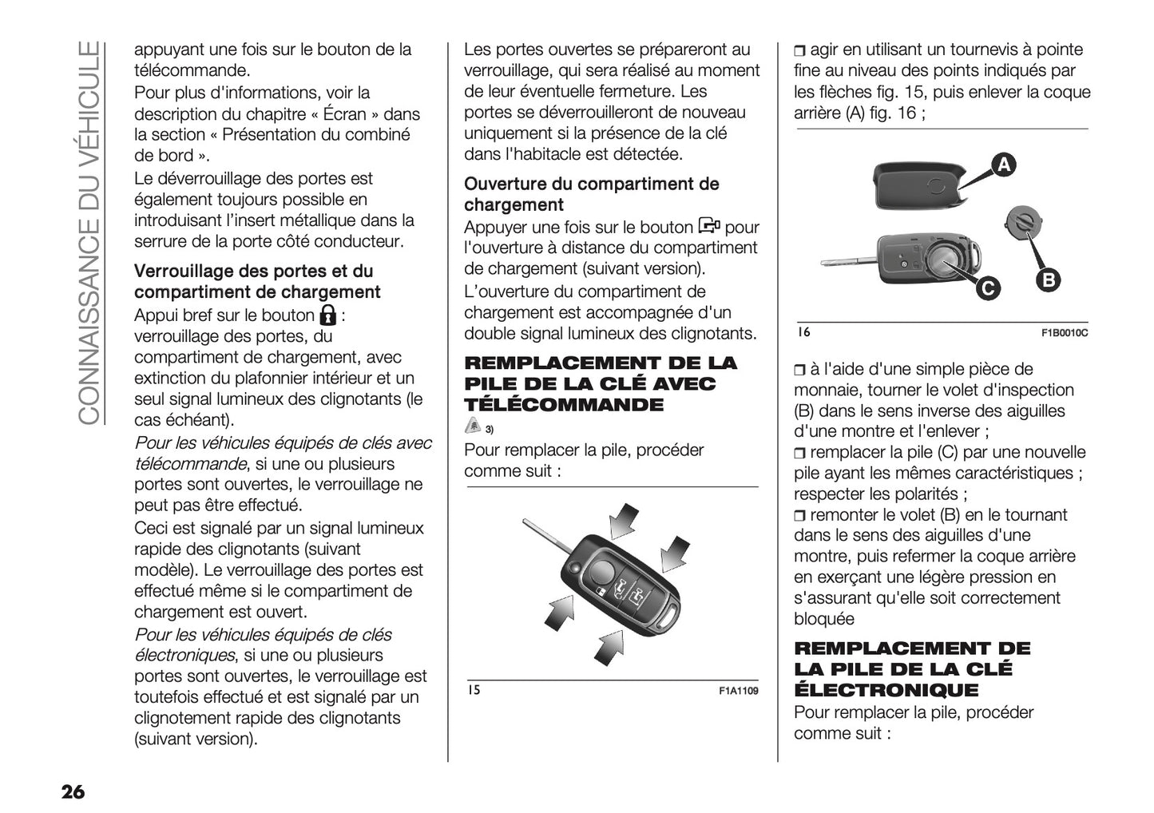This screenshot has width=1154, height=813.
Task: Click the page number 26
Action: pyautogui.click(x=72, y=792)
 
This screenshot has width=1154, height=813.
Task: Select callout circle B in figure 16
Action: pyautogui.click(x=1049, y=280)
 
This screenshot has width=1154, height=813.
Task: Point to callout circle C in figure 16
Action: pyautogui.click(x=988, y=288)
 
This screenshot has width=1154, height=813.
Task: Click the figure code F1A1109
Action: pyautogui.click(x=738, y=691)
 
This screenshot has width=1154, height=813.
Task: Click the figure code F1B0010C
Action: pyautogui.click(x=1065, y=333)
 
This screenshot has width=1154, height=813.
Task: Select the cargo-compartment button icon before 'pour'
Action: pyautogui.click(x=709, y=226)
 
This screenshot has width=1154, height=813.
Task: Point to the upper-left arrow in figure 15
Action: pyautogui.click(x=623, y=521)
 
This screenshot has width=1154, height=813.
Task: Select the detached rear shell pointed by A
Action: pyautogui.click(x=918, y=184)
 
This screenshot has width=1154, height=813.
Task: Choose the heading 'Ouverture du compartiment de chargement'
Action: pyautogui.click(x=591, y=194)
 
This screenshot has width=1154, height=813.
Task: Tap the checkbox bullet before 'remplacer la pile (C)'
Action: pyautogui.click(x=800, y=454)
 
